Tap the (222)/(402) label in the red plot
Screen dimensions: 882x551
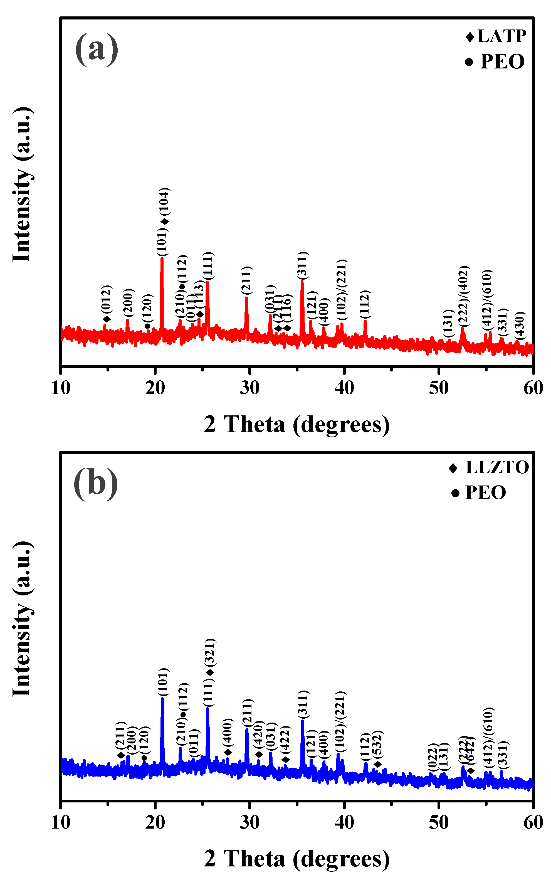pyautogui.click(x=464, y=296)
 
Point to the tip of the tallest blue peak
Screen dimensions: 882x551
pyautogui.click(x=162, y=698)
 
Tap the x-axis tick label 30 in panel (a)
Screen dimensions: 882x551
pyautogui.click(x=249, y=388)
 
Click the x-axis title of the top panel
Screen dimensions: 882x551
pyautogui.click(x=296, y=425)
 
